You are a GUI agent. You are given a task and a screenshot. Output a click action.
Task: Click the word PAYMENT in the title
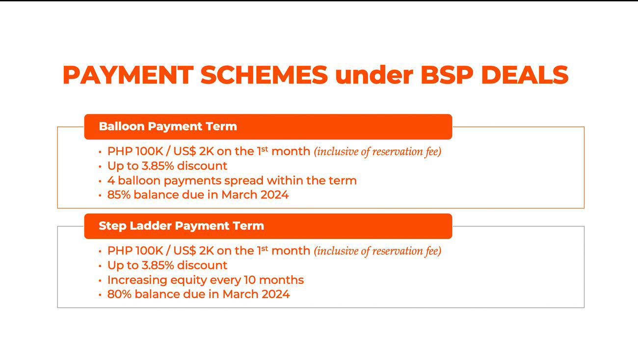[128, 75]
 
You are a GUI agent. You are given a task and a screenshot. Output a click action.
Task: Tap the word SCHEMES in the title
[264, 75]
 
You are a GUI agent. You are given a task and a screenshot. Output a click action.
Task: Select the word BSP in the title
[447, 75]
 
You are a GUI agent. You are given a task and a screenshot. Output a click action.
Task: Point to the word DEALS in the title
[525, 75]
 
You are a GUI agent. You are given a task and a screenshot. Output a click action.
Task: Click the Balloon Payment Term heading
[168, 126]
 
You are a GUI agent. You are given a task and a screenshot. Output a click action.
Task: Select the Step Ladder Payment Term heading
[181, 226]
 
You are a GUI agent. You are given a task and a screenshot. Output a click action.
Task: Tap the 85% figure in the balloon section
[119, 195]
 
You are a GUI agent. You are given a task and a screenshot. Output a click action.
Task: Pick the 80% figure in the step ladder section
[119, 295]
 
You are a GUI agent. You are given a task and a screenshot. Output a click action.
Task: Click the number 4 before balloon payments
[111, 181]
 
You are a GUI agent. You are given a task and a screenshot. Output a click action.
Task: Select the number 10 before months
[250, 280]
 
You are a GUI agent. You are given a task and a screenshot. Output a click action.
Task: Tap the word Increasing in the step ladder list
[137, 280]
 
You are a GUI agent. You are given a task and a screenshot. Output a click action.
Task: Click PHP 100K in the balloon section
[135, 151]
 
